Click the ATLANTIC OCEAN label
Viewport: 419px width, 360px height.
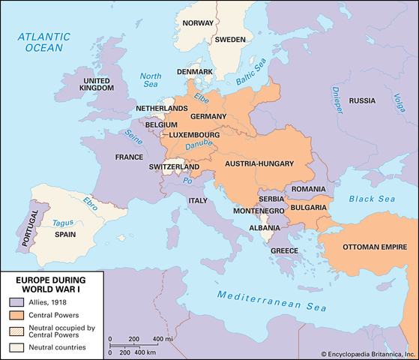[46, 41]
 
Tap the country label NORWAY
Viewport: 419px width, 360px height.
[198, 23]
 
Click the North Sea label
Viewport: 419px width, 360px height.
[151, 80]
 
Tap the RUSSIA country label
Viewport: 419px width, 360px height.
[362, 100]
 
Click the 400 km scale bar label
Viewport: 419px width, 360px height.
[146, 352]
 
